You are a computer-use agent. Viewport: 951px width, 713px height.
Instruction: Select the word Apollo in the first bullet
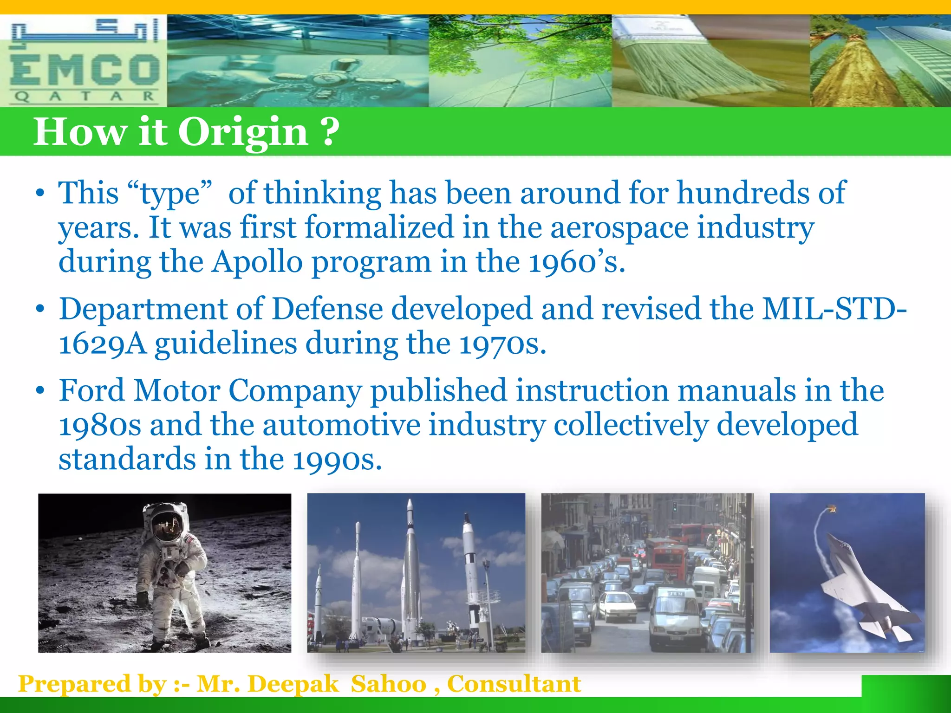(x=257, y=262)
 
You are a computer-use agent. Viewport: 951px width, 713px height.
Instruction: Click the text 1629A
(x=103, y=344)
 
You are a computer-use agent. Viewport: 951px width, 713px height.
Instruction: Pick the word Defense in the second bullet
(x=327, y=309)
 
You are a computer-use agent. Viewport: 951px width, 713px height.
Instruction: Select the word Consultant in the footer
(x=514, y=684)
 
